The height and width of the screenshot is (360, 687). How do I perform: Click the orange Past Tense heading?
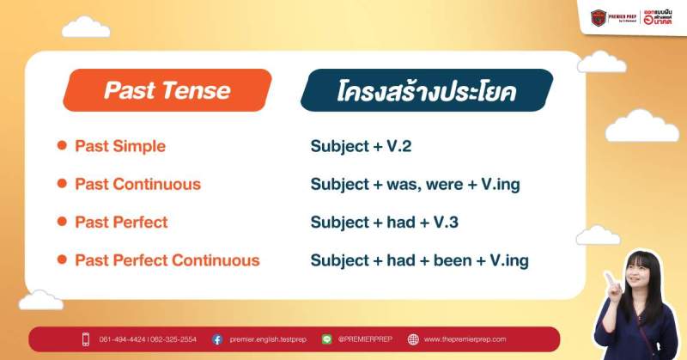(x=167, y=90)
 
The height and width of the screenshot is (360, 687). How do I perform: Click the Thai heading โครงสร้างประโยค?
(x=426, y=91)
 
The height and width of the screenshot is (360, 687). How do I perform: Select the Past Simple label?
(x=120, y=146)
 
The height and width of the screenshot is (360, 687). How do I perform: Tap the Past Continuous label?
(x=137, y=184)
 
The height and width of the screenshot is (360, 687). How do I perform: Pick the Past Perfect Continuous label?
(x=167, y=259)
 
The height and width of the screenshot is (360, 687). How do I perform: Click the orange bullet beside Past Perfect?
(x=62, y=222)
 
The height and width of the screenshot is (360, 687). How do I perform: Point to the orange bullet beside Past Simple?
(x=62, y=146)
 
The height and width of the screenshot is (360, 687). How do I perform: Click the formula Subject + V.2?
(x=361, y=146)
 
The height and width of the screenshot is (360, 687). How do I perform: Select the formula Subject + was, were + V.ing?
(x=415, y=184)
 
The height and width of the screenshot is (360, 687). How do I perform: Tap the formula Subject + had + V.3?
(x=384, y=222)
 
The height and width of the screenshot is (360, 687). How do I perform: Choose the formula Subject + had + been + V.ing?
(x=419, y=259)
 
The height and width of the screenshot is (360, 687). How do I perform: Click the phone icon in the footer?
(x=86, y=339)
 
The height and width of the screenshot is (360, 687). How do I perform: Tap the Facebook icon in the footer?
(x=217, y=339)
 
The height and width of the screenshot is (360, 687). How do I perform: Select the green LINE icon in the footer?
(x=326, y=339)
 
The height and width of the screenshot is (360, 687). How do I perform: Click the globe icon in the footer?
(x=413, y=339)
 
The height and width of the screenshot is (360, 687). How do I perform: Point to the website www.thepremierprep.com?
(x=465, y=339)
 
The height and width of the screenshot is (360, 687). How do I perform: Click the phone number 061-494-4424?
(x=122, y=339)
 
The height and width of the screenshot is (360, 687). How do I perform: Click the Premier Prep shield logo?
(x=599, y=17)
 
